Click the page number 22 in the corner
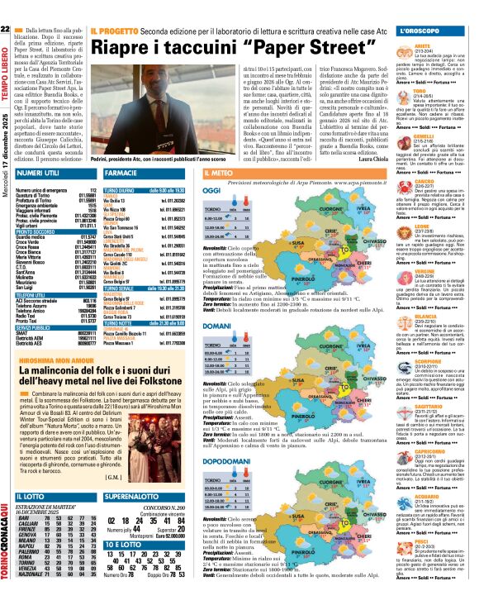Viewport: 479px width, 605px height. pos(7,30)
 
